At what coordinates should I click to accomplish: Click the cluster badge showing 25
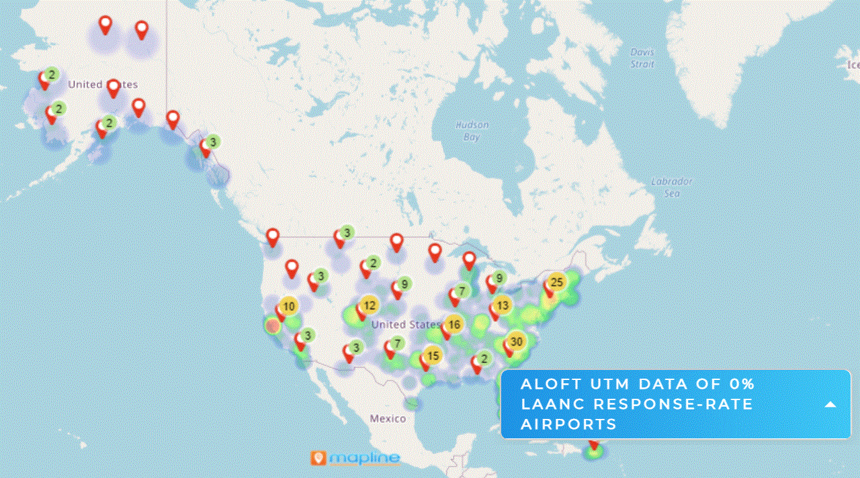(x=556, y=282)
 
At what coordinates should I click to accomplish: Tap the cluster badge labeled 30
(x=516, y=341)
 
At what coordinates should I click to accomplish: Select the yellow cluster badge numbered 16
(x=454, y=324)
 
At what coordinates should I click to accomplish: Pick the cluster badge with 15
(x=433, y=356)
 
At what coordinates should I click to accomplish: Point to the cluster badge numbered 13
(x=503, y=305)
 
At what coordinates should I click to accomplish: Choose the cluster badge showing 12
(x=369, y=305)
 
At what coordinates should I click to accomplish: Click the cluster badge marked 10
(x=288, y=307)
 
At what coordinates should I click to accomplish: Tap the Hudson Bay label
(x=472, y=131)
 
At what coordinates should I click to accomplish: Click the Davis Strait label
(x=642, y=58)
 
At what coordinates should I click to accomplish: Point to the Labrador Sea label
(x=672, y=187)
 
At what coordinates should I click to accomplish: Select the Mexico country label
(x=388, y=418)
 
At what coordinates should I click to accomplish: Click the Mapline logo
(x=355, y=459)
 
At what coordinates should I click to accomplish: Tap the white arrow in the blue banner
(x=830, y=404)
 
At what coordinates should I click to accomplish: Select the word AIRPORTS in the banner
(x=568, y=424)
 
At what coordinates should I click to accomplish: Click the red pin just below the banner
(x=593, y=444)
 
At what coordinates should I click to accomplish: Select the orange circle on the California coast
(x=272, y=326)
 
